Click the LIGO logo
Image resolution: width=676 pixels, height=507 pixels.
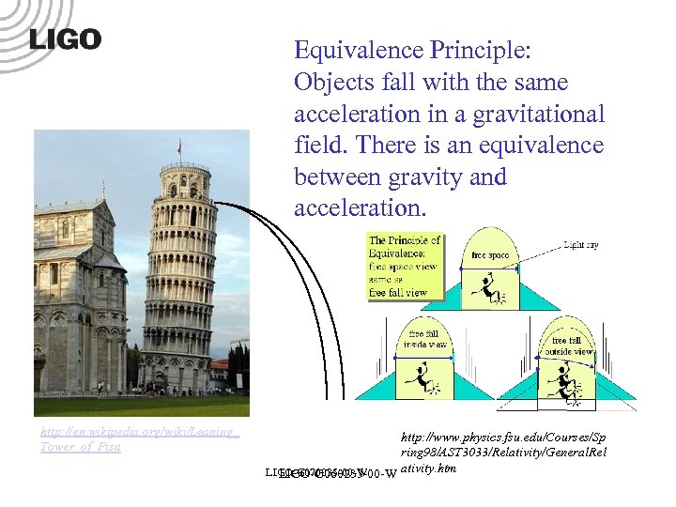[65, 39]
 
